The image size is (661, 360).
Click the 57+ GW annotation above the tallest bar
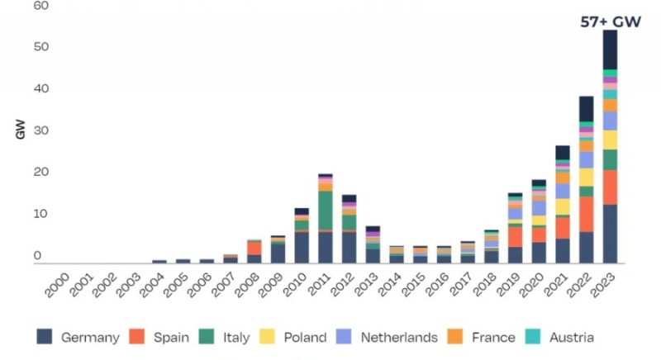pos(611,22)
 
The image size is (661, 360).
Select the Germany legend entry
pos(78,337)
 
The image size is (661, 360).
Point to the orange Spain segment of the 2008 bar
pos(254,248)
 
